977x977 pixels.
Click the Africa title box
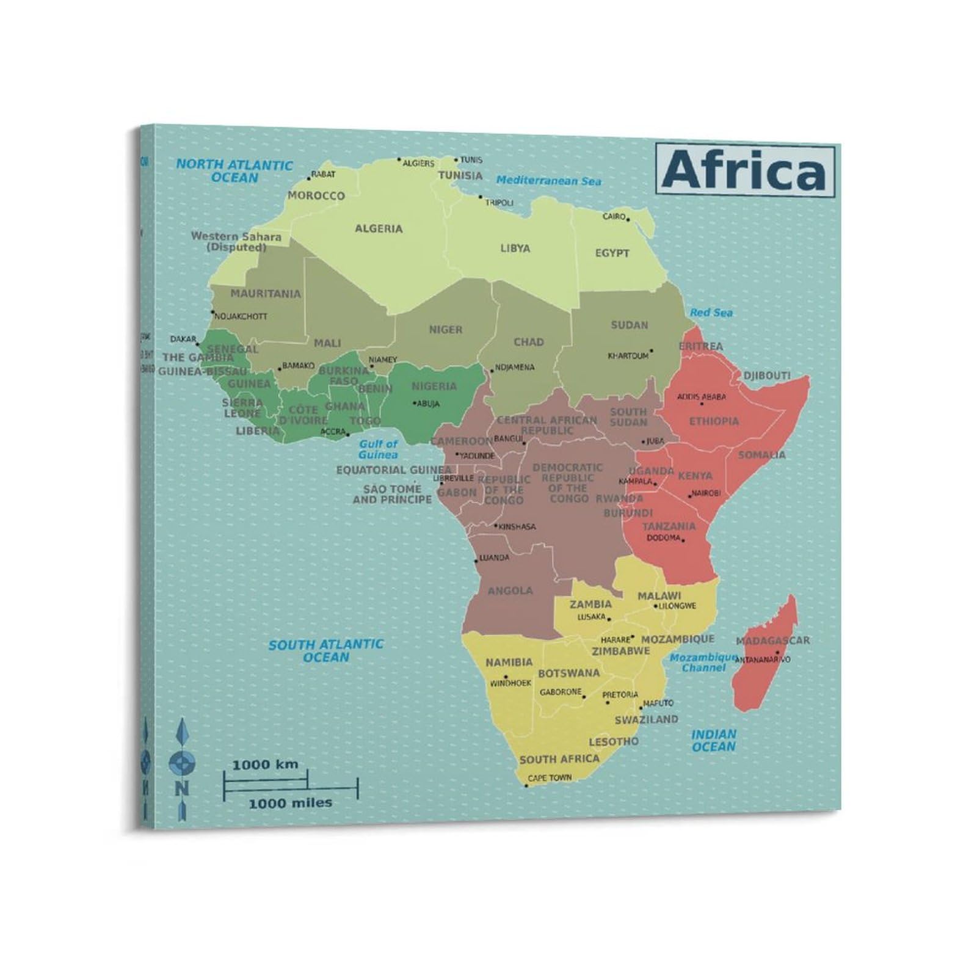[745, 170]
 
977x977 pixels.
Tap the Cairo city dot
[628, 219]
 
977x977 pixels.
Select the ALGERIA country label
[379, 228]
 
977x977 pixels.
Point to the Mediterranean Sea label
[548, 181]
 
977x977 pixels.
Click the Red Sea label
[711, 313]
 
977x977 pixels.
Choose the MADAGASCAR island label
[772, 641]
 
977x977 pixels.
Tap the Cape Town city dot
[526, 785]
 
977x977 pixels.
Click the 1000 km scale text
[265, 764]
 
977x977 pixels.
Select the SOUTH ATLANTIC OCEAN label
[326, 650]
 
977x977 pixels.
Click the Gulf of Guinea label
[378, 449]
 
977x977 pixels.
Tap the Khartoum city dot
[652, 351]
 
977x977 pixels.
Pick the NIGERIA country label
[434, 386]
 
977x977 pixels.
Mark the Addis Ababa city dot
[702, 404]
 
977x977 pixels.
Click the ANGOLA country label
[510, 590]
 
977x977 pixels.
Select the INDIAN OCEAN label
[714, 740]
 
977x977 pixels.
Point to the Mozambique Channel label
[703, 663]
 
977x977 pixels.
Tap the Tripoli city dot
[481, 197]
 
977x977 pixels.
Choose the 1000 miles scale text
[290, 803]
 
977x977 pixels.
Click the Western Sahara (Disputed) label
[236, 242]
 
